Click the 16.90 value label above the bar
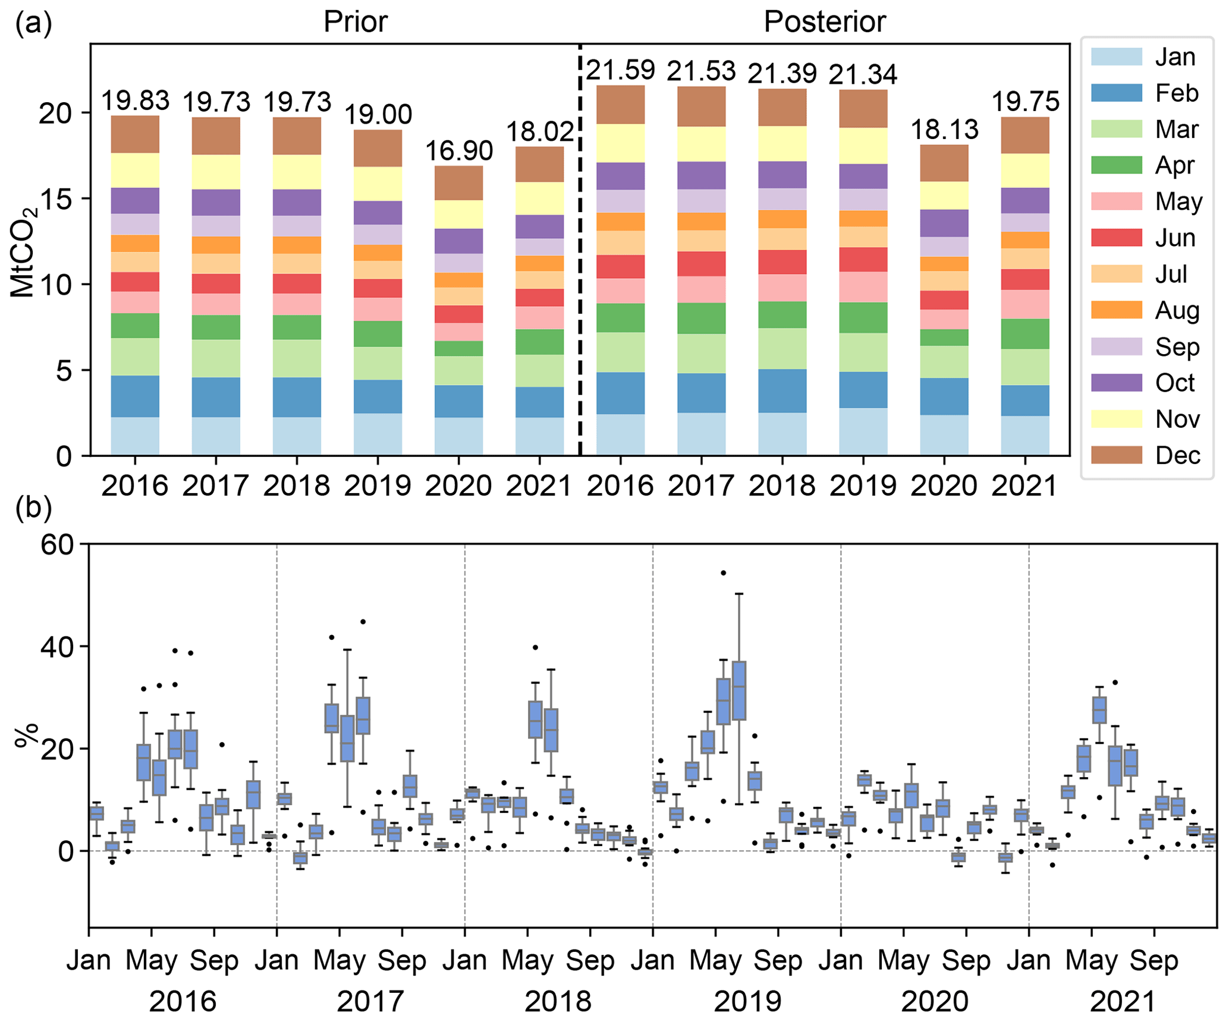coord(458,150)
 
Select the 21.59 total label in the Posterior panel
coord(620,70)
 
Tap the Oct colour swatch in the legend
coord(1116,383)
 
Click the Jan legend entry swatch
coord(1116,57)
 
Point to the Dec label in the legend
coord(1177,456)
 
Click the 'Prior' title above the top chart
coord(355,22)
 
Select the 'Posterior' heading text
coord(825,22)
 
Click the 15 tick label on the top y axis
coord(56,199)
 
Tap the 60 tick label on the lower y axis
coord(57,544)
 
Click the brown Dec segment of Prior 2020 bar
coord(458,183)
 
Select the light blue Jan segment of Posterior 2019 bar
coord(863,431)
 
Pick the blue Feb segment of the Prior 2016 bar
coord(135,396)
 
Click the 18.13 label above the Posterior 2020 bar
coord(944,130)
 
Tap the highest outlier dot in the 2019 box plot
coord(723,573)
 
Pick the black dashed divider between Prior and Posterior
coord(580,250)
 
